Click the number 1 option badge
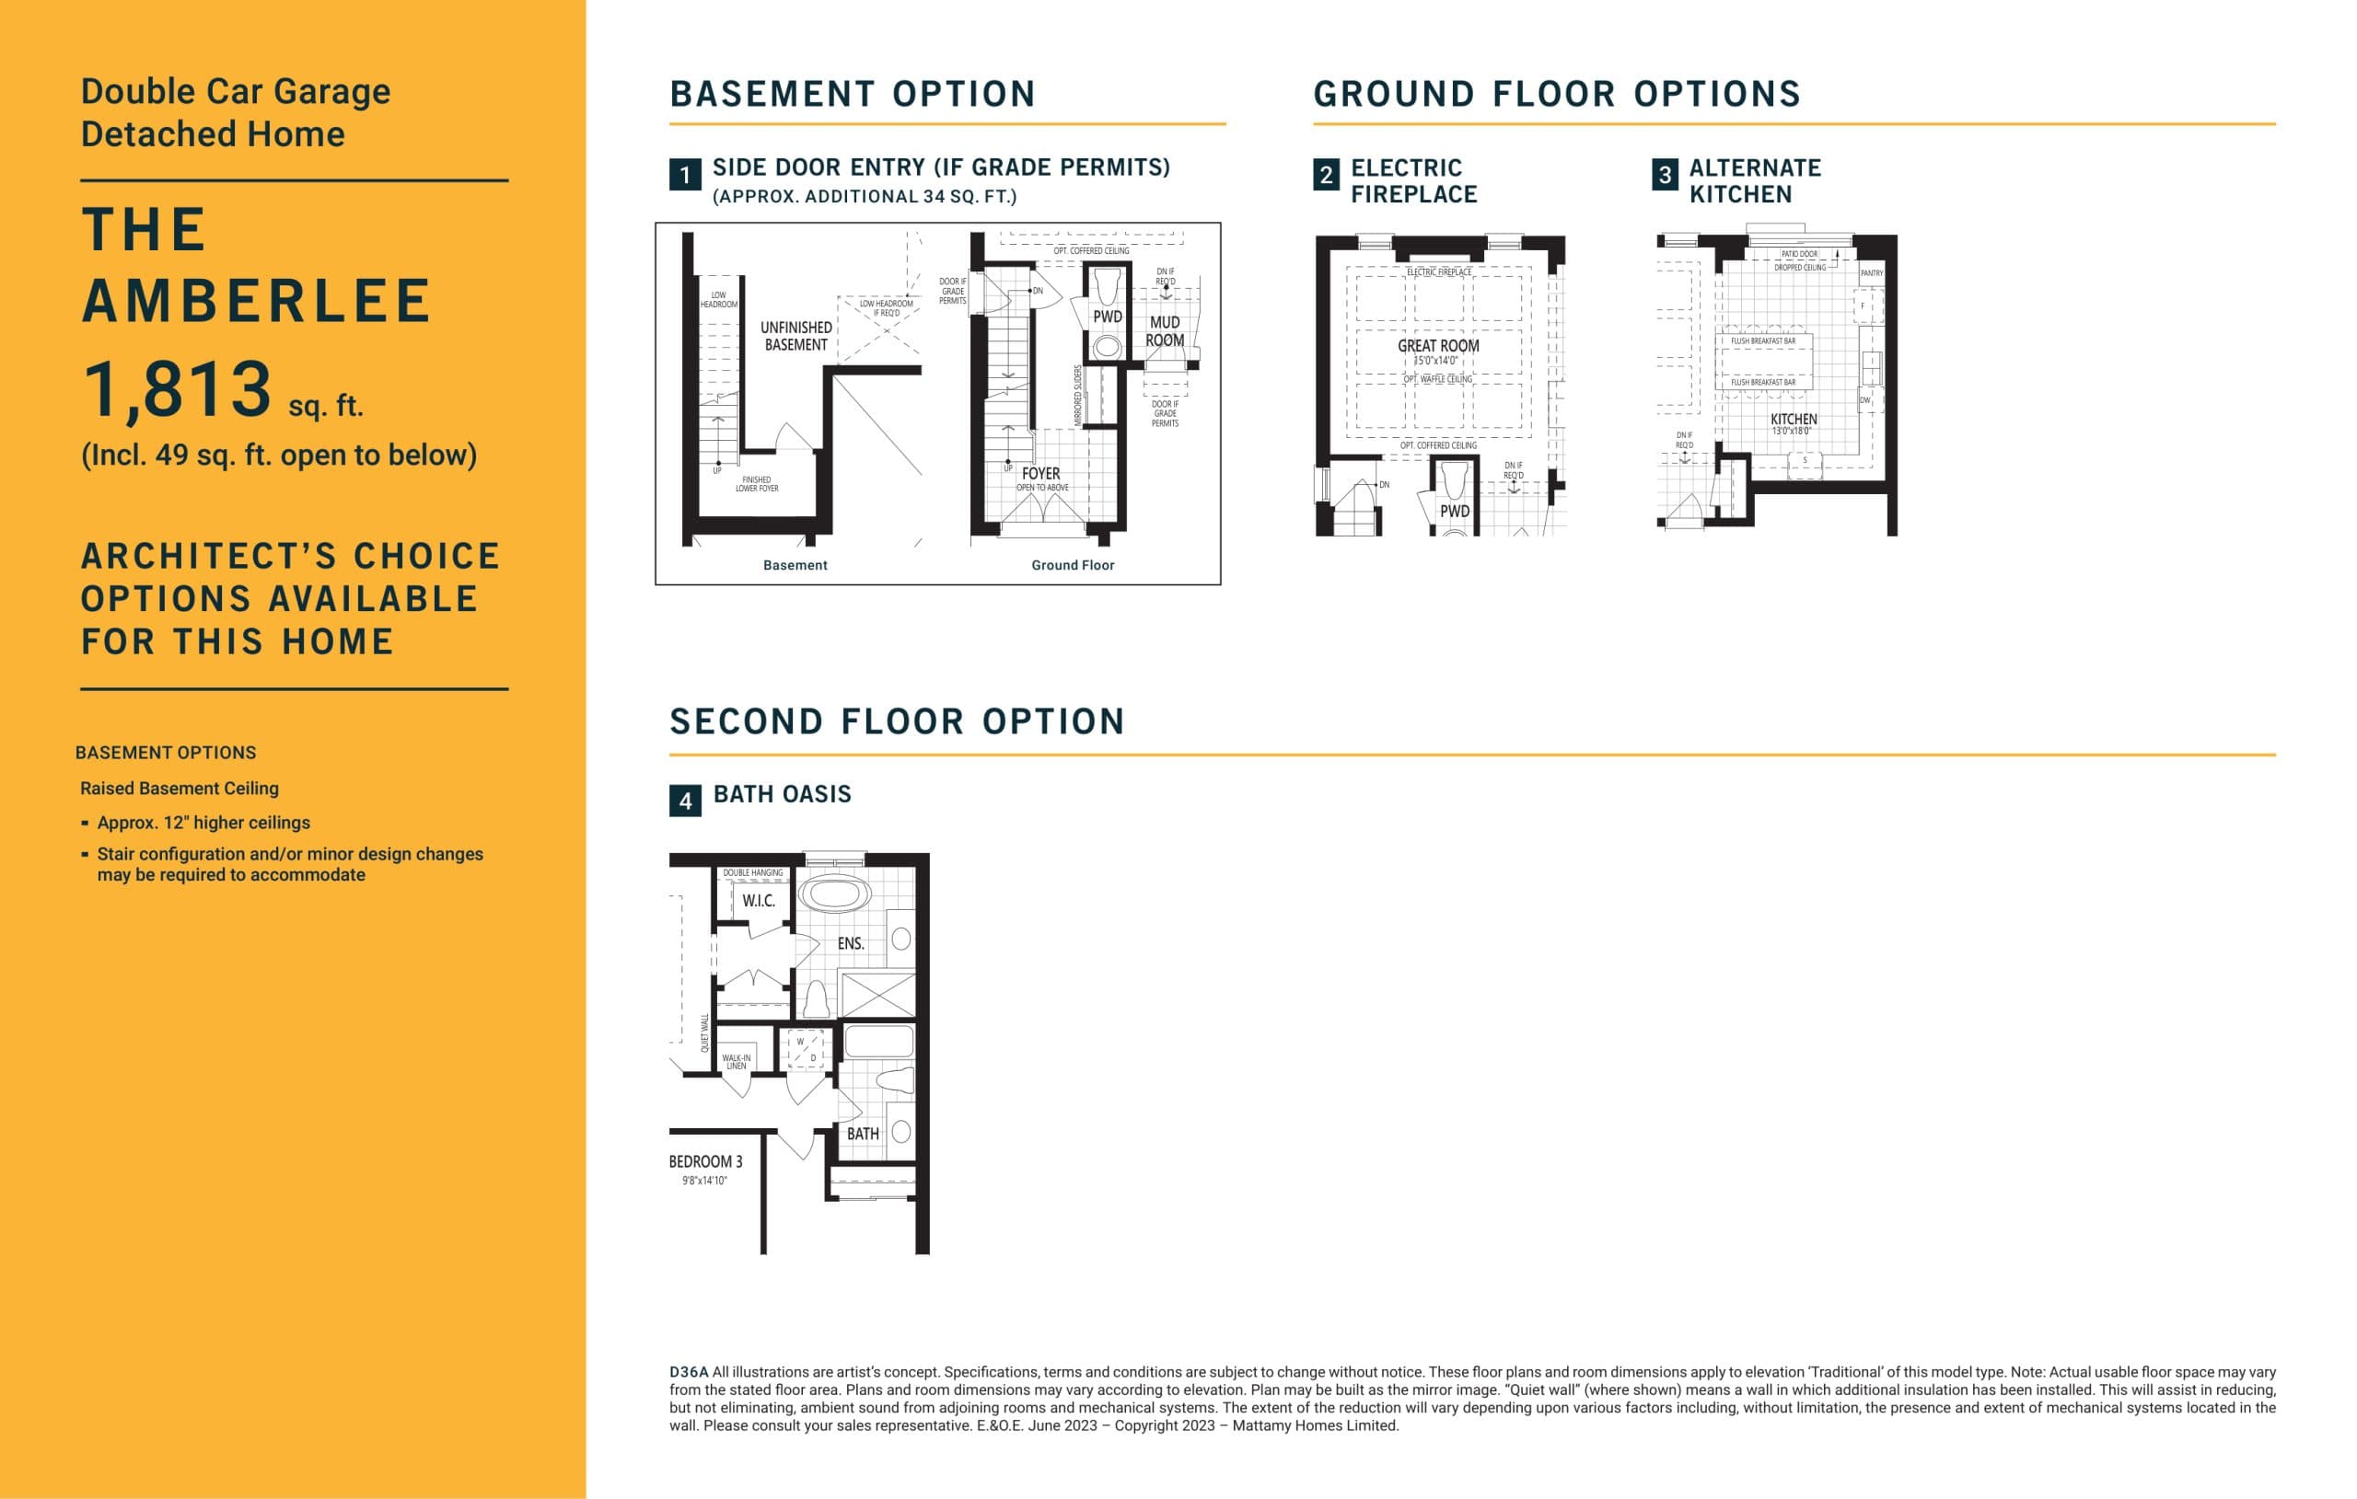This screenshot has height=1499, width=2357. (685, 175)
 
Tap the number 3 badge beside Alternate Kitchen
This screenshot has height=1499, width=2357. (1664, 175)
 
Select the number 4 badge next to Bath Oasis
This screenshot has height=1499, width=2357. (685, 801)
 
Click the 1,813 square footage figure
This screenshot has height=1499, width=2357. (177, 389)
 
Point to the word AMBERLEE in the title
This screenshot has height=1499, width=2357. (257, 302)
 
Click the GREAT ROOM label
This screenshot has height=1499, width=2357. (1438, 345)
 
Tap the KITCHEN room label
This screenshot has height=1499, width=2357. (1794, 419)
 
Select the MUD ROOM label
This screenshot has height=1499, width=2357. (1165, 330)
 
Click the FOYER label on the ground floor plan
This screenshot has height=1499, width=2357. (1040, 474)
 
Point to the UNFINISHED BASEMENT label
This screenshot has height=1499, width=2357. (795, 336)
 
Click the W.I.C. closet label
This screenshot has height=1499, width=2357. (758, 900)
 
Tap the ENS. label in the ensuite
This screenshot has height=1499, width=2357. (851, 943)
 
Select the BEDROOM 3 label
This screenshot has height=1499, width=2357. (706, 1161)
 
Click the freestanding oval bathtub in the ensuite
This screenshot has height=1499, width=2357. (834, 894)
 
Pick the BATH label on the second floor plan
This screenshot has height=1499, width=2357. (863, 1133)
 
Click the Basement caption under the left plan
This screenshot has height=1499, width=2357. (795, 565)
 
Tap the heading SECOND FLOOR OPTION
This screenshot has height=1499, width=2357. (897, 721)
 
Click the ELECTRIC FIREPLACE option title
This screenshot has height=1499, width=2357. (1413, 181)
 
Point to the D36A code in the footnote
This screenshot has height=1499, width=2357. (688, 1372)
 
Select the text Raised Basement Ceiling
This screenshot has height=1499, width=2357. (180, 788)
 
